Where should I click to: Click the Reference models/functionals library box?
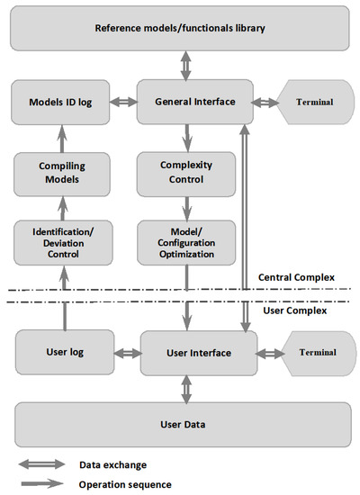(x=180, y=28)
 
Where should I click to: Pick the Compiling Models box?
(x=61, y=173)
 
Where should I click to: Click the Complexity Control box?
(x=186, y=173)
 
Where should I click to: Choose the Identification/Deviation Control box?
(x=61, y=243)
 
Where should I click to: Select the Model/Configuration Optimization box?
(x=186, y=243)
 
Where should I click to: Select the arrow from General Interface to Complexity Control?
(x=186, y=138)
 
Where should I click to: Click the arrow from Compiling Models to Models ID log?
(x=61, y=138)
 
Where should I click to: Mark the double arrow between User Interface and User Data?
(x=186, y=388)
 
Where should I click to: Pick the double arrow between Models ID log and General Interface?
(x=123, y=102)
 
